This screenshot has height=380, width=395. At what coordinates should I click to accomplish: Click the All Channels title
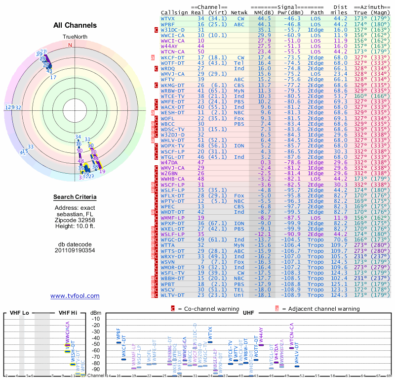point(75,25)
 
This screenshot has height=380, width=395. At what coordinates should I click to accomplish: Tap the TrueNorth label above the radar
point(75,37)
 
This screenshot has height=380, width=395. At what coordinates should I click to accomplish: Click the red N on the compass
point(70,45)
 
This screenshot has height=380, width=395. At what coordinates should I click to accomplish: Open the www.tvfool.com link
point(75,296)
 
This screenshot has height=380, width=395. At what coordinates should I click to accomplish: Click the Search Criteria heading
point(75,197)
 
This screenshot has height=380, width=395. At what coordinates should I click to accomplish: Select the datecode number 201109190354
point(75,250)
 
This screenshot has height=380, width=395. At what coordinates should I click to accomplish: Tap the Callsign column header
point(175,12)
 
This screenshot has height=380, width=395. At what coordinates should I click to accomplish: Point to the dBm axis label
point(94,313)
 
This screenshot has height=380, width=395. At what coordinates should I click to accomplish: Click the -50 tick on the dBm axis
point(96,344)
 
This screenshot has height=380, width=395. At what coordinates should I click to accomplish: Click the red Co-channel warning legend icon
point(173,308)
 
